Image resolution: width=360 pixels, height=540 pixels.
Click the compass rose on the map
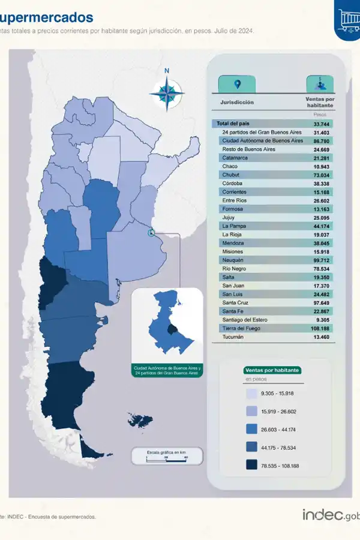coord(166,91)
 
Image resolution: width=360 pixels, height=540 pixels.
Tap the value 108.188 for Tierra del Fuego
coord(322,329)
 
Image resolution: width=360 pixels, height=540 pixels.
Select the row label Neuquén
coord(233,260)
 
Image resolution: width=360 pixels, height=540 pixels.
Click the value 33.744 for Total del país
coord(322,124)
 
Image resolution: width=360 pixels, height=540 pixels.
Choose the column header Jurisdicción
coord(237,102)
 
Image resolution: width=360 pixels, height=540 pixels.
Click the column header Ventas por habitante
coord(320,102)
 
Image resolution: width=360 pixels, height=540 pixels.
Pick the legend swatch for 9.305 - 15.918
coord(251,394)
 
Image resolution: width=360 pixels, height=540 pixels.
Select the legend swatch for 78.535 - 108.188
coord(251,464)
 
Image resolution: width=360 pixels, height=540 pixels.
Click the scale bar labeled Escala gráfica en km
coord(167,455)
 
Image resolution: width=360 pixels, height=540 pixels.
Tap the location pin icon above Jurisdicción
coord(238,84)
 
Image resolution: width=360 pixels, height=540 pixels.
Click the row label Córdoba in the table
coord(232,183)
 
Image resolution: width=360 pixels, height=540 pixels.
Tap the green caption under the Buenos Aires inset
coord(167,370)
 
